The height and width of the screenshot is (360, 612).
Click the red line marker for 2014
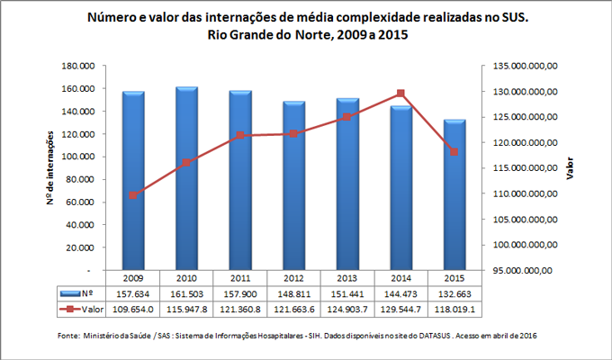coord(400,94)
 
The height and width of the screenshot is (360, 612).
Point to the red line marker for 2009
coord(134,195)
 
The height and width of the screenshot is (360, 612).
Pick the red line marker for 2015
coord(454,152)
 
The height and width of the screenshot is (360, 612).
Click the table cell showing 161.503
coord(186,293)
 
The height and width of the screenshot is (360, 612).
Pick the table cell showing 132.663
coord(454,293)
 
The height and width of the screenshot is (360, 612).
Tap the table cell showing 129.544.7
coord(400,309)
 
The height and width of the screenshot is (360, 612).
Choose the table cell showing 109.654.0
coord(134,309)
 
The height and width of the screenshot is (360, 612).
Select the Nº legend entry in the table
coord(80,293)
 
